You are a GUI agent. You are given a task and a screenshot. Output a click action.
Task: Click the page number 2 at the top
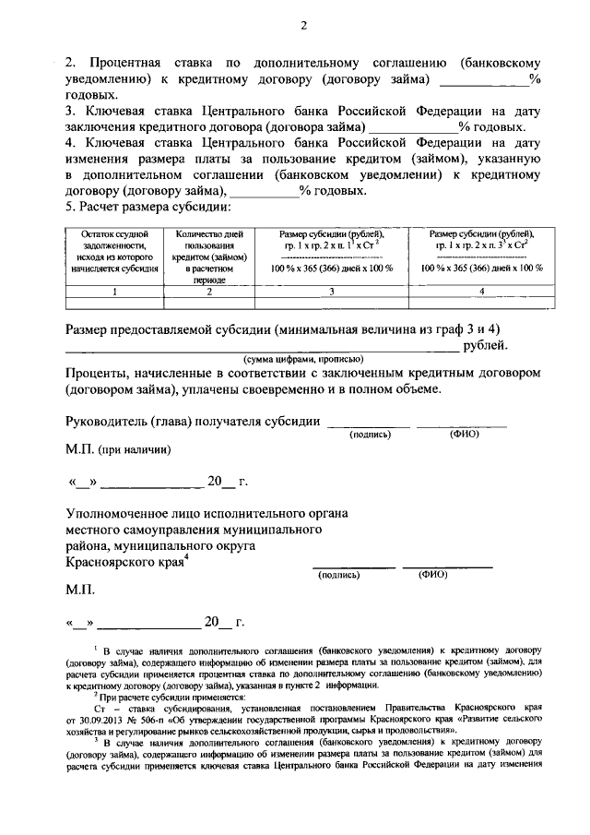301,26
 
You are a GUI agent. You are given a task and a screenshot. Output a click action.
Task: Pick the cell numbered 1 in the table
114,292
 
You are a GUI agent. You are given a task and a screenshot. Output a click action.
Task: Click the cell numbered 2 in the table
209,292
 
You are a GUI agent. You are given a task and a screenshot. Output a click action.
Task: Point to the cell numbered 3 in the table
331,292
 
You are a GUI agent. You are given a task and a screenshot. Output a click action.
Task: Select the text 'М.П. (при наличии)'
117,448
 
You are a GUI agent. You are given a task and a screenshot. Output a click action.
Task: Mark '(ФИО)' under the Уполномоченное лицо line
431,574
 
